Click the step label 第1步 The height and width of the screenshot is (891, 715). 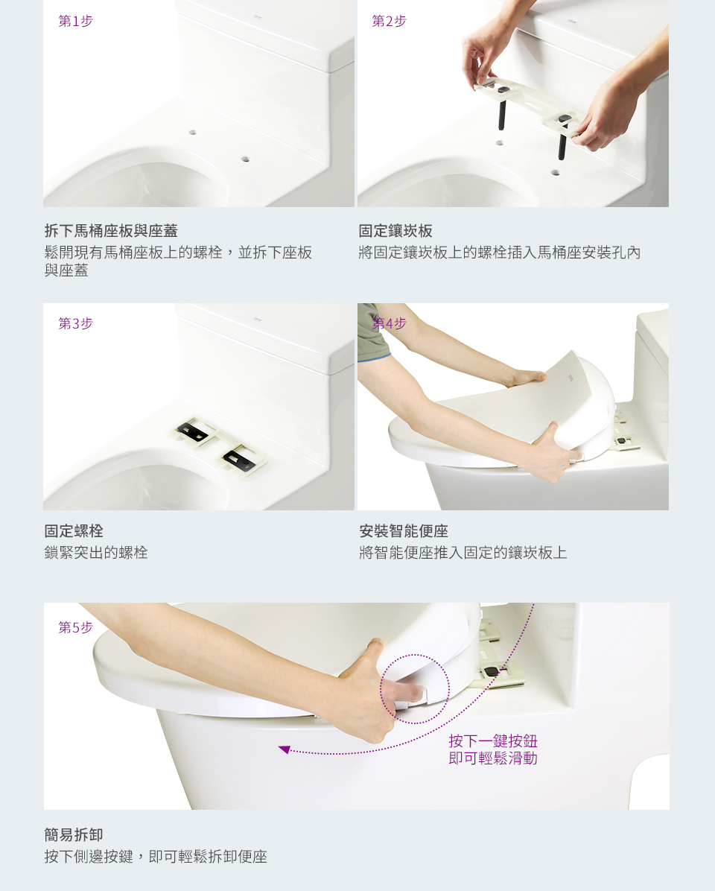coord(75,21)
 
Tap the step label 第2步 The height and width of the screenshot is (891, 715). coord(389,21)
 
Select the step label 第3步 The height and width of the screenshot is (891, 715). coord(75,323)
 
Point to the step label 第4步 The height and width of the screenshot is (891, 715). coord(389,323)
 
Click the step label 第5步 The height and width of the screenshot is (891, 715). coord(75,627)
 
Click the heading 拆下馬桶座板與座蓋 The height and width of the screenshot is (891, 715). coord(111,231)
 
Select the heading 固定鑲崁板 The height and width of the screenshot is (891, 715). coord(395,231)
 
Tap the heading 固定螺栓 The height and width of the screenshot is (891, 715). coord(74,530)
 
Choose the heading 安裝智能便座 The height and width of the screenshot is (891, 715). coord(403,530)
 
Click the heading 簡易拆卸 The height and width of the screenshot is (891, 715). coord(74,834)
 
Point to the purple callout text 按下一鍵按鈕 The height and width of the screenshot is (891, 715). coord(493,741)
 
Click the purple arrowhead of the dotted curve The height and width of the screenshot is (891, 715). coord(285,749)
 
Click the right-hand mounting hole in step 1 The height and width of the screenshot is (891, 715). coord(245,159)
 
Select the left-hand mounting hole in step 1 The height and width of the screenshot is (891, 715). coord(193,133)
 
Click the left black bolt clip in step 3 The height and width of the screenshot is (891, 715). coord(193,431)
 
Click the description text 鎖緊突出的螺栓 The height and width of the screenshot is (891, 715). coord(96,552)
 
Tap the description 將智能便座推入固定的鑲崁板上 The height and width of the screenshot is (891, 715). coord(463,552)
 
